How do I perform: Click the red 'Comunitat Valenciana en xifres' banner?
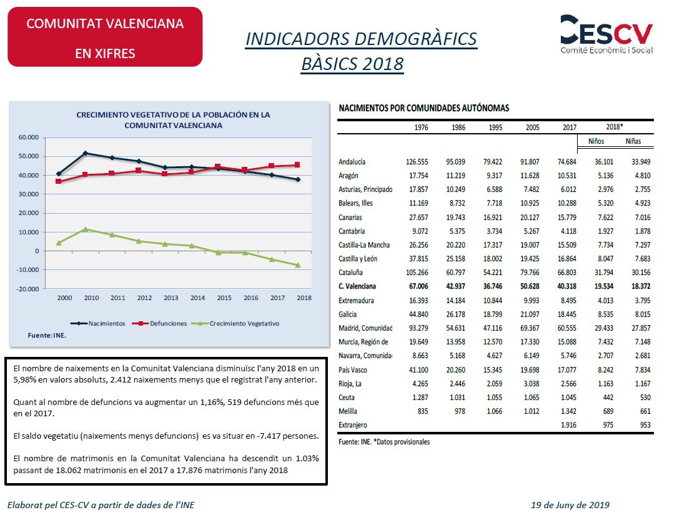pos(106,37)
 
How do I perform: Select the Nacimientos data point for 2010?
pos(85,152)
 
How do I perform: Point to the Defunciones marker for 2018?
pos(297,164)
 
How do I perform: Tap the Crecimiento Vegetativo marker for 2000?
pos(59,243)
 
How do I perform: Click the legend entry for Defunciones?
pos(160,324)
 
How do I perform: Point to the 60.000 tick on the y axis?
pos(28,137)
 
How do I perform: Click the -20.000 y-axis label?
pos(27,289)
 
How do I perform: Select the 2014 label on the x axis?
pos(197,297)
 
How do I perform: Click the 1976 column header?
pos(421,127)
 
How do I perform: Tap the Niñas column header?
pos(633,141)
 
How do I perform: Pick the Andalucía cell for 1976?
pos(417,161)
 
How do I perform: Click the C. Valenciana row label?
pos(357,286)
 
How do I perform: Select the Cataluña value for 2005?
pos(530,272)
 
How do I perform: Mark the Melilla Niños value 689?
pos(608,411)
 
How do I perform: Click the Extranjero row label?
pos(353,425)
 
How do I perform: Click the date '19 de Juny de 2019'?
pos(570,505)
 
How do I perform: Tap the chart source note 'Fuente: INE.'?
pos(47,335)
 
